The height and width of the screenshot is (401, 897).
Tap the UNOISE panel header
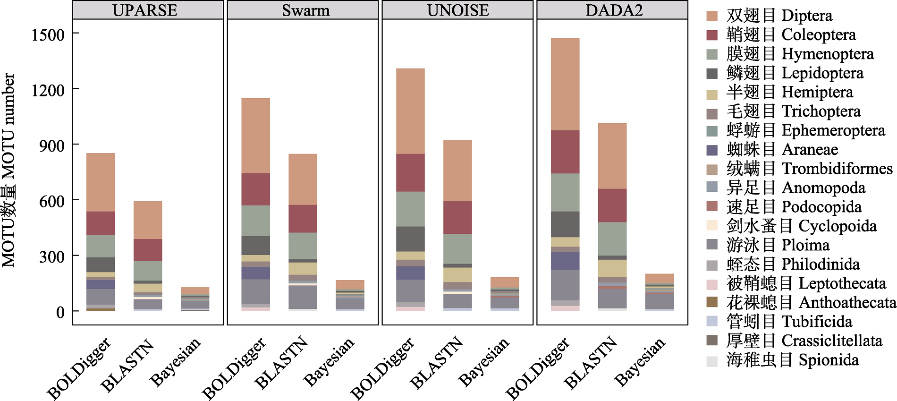click(457, 10)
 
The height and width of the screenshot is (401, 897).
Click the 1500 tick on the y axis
click(48, 34)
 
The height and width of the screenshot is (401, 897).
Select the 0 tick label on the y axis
click(60, 312)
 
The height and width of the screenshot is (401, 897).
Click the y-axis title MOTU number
click(8, 170)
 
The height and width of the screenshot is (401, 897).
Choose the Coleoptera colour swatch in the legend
click(712, 35)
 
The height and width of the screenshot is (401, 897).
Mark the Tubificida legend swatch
click(712, 322)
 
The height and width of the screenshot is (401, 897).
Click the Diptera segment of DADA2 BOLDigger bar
click(565, 84)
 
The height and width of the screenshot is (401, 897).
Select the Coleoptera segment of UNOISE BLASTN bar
click(457, 217)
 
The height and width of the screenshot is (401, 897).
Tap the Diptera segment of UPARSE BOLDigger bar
click(101, 182)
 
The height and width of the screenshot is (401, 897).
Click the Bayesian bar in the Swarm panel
click(350, 295)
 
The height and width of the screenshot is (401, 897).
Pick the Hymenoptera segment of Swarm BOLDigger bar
click(255, 221)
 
